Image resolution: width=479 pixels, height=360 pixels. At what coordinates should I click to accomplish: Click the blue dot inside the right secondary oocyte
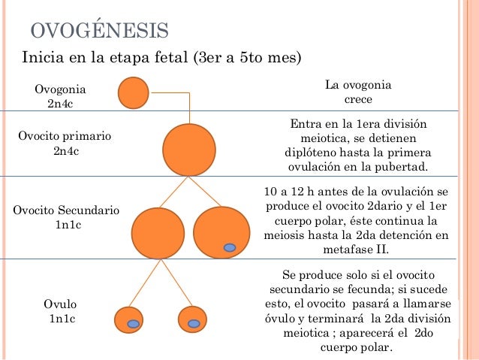pos(230,248)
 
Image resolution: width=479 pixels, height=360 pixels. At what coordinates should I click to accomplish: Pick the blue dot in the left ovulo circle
pos(134,324)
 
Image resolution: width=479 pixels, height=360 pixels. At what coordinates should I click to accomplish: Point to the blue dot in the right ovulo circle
pos(194,324)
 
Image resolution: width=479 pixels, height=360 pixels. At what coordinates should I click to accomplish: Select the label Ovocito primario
pos(65,137)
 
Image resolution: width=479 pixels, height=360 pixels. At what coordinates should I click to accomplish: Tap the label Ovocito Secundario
pos(66,210)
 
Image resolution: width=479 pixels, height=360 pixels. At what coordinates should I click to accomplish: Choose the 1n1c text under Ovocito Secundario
pos(66,225)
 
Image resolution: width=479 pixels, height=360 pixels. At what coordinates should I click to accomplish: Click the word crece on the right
pos(358,99)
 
